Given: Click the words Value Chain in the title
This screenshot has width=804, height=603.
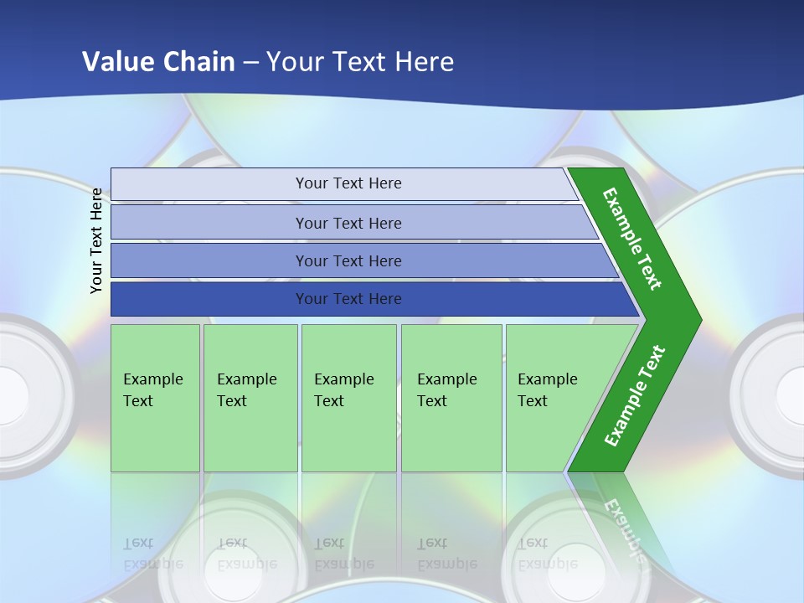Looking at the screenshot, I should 158,62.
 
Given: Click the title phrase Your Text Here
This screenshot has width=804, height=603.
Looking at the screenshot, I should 360,62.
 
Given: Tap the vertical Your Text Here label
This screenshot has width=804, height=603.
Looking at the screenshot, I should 97,241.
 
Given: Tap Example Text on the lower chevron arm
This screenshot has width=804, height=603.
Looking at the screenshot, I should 635,395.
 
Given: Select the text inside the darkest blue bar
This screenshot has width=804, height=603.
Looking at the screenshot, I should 348,299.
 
